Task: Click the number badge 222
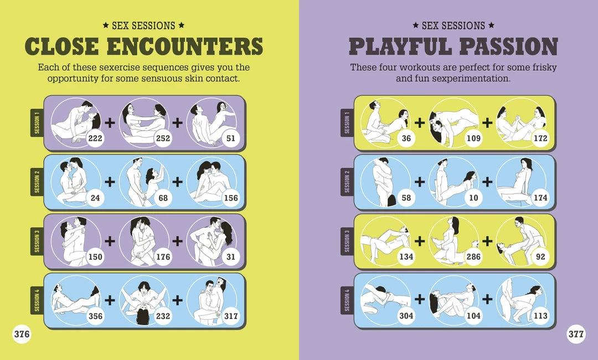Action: pos(95,138)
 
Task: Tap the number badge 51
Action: pos(231,138)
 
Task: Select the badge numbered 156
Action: pos(231,198)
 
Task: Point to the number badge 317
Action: pos(231,316)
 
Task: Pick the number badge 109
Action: pos(473,138)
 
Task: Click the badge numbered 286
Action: pos(473,256)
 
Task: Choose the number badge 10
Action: pos(473,198)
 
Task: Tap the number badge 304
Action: pos(406,316)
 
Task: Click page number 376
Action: pos(22,334)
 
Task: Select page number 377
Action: pos(576,334)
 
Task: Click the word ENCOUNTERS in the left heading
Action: pos(185,46)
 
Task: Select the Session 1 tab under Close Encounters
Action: pos(37,123)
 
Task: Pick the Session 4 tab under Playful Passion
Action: pos(347,300)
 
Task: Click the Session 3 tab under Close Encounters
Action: pos(37,241)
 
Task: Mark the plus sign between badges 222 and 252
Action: pos(110,123)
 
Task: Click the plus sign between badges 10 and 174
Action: pos(487,182)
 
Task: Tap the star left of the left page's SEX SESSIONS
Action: pos(106,25)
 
